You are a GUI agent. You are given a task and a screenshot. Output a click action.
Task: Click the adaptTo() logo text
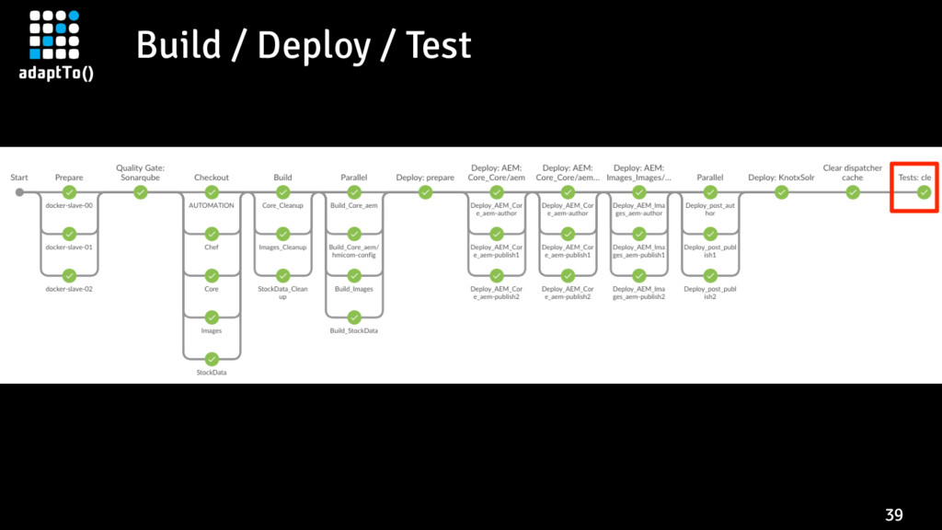click(x=56, y=74)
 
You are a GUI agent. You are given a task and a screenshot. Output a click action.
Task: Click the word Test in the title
click(x=439, y=45)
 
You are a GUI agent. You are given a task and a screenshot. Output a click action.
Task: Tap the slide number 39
click(x=894, y=515)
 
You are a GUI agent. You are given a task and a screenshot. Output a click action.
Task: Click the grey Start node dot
click(x=20, y=192)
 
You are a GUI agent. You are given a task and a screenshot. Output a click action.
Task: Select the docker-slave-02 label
click(x=69, y=289)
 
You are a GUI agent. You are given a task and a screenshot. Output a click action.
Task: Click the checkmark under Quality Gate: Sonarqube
click(x=141, y=192)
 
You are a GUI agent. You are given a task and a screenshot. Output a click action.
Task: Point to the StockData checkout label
click(x=212, y=373)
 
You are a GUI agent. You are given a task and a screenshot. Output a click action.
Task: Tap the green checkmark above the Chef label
click(x=212, y=234)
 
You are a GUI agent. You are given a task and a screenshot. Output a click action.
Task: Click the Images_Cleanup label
click(x=283, y=247)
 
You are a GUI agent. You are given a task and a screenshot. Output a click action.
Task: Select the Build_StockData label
click(x=354, y=330)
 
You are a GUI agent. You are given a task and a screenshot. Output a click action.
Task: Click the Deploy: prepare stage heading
click(x=425, y=178)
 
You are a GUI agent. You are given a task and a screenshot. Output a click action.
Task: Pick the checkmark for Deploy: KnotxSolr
click(x=781, y=192)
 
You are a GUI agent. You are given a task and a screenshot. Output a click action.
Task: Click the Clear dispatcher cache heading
click(x=853, y=172)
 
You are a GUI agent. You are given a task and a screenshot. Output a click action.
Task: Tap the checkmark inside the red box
click(x=924, y=192)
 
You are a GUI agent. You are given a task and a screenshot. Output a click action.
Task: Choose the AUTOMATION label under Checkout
click(x=212, y=205)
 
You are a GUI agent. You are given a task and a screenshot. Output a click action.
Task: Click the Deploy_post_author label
click(x=710, y=209)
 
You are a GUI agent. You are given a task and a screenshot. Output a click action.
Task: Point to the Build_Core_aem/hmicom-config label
click(x=354, y=251)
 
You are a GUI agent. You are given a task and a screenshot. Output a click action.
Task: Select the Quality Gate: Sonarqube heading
click(x=141, y=172)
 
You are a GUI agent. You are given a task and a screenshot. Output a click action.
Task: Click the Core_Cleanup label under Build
click(x=283, y=205)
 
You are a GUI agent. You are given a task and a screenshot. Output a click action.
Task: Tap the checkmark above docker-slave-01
click(x=69, y=234)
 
